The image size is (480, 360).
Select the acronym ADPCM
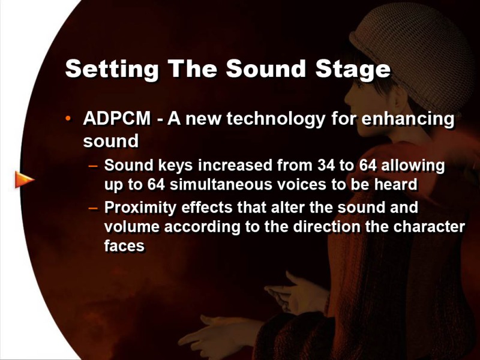[117, 118]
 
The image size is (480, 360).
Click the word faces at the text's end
[124, 246]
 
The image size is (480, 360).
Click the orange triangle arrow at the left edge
[25, 179]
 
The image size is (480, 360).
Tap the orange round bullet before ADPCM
[68, 118]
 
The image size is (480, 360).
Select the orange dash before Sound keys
[93, 166]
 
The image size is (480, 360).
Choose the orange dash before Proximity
[93, 208]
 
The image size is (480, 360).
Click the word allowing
[413, 166]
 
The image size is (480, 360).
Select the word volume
[132, 227]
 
